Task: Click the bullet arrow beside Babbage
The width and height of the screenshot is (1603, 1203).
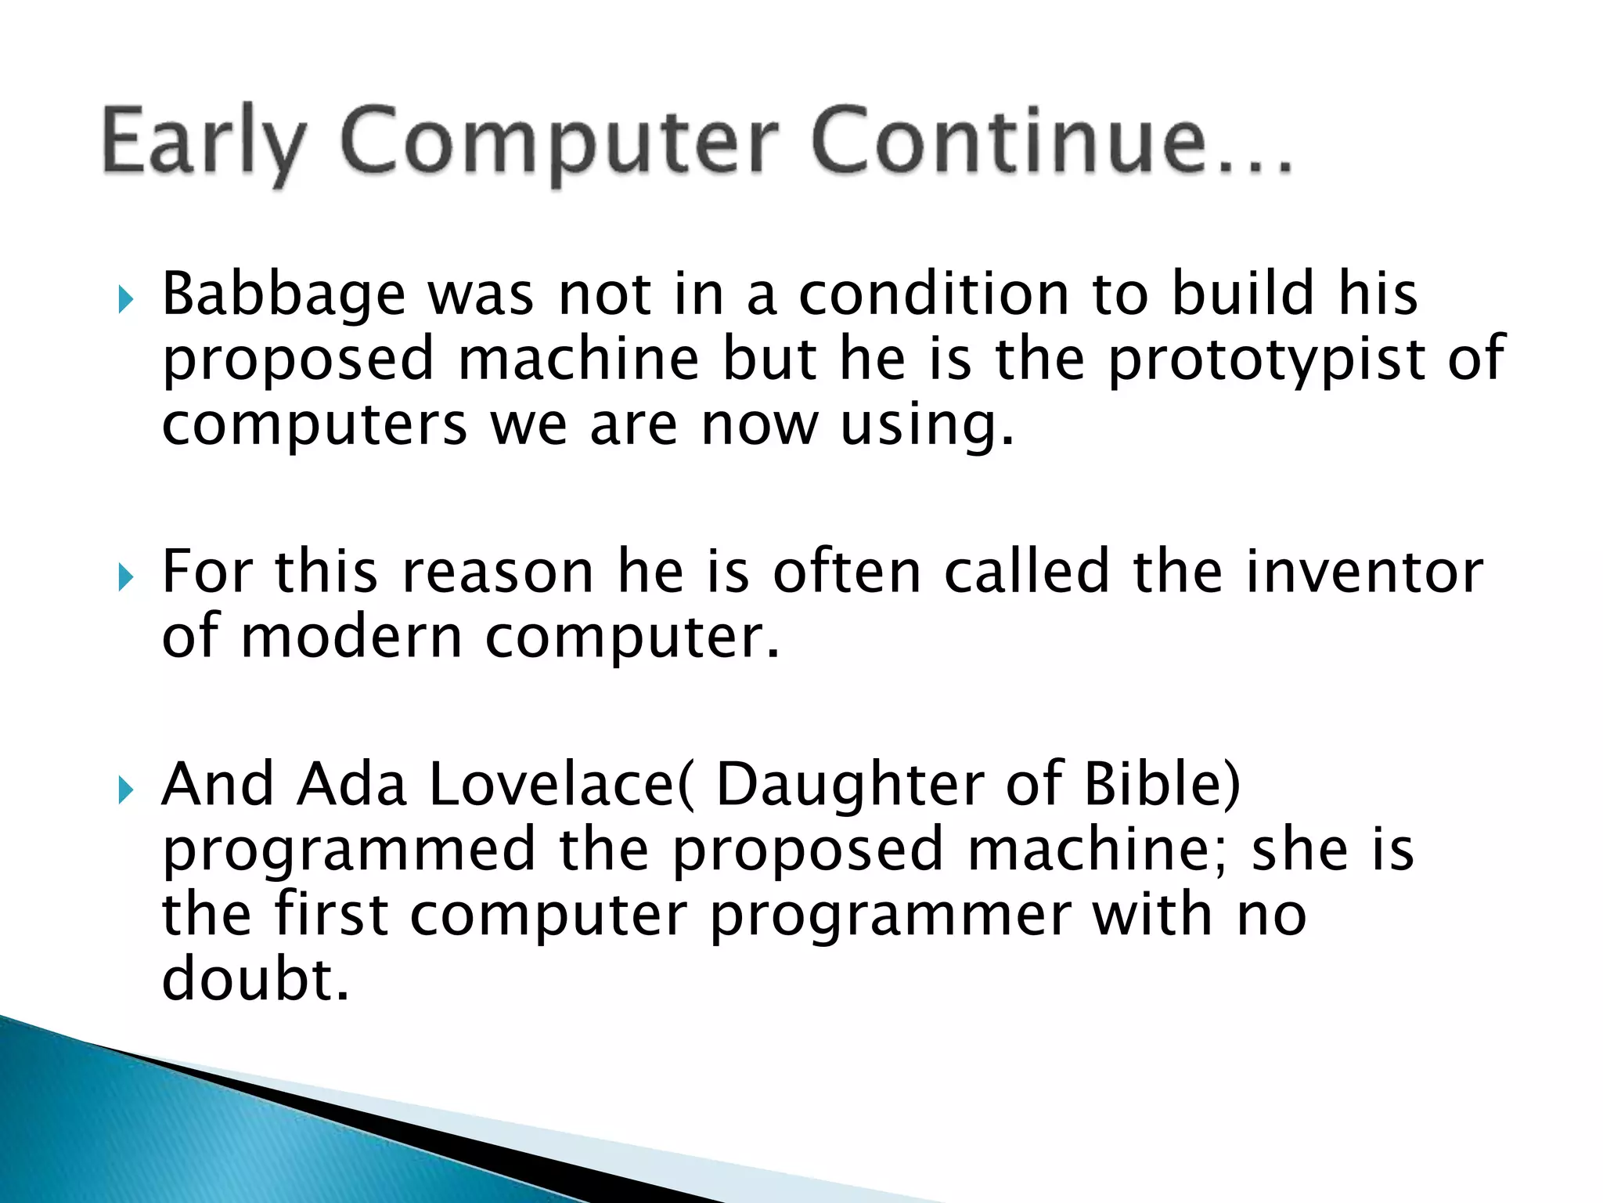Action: (x=125, y=298)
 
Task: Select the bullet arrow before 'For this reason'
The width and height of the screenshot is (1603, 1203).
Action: (x=125, y=578)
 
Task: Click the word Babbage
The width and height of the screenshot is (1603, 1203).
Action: (x=283, y=296)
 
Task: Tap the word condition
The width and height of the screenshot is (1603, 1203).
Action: (x=933, y=294)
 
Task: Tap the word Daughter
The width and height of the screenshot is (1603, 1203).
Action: (x=850, y=786)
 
